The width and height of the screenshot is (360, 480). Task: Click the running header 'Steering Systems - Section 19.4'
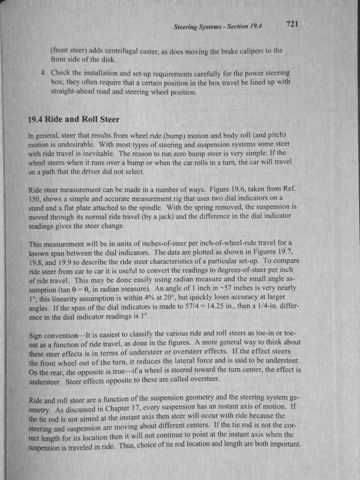220,28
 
